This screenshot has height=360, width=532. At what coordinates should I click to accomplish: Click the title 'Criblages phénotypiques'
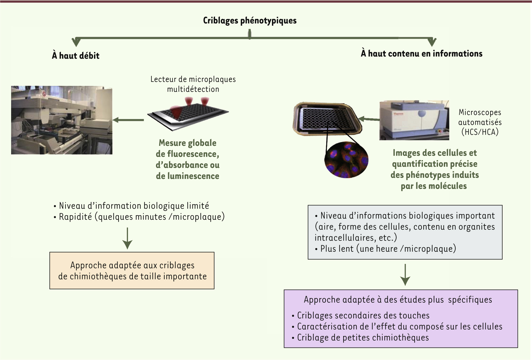[250, 21]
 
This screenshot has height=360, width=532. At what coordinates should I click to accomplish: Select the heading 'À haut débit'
[76, 56]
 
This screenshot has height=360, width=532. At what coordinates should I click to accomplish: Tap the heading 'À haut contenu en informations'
[421, 53]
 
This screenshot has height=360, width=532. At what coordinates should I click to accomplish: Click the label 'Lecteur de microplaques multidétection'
[193, 84]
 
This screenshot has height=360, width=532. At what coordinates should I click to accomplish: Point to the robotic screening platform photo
[62, 120]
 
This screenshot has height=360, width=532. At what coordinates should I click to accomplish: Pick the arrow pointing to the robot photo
[129, 120]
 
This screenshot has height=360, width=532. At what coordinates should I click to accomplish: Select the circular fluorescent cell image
[346, 160]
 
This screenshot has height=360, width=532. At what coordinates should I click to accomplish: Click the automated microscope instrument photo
[414, 120]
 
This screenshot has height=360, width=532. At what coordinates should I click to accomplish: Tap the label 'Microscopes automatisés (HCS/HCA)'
[480, 122]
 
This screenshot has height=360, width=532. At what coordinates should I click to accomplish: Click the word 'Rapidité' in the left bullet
[75, 217]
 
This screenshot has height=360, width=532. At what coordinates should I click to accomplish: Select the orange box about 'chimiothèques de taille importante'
[132, 271]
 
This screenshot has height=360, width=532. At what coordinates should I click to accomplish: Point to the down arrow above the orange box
[127, 238]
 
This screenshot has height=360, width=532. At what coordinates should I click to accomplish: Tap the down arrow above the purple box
[405, 274]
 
